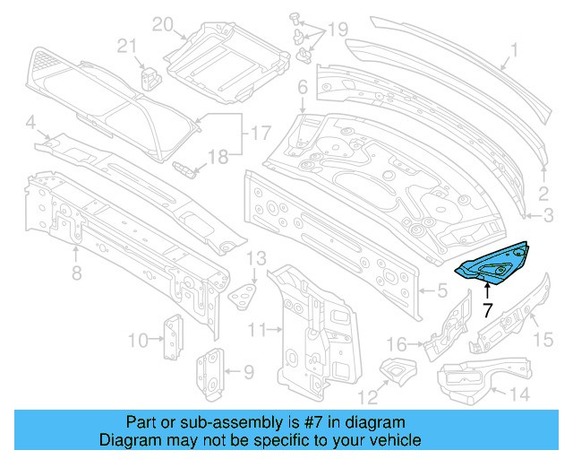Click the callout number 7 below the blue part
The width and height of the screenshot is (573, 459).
(x=486, y=311)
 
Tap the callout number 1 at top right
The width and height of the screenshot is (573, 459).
(x=514, y=51)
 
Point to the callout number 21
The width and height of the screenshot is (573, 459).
(x=127, y=47)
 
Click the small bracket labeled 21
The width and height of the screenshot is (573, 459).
(x=150, y=77)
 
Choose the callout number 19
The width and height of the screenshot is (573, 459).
(x=337, y=30)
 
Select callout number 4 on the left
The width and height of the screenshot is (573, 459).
(x=30, y=122)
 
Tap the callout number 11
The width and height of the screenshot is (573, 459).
(x=257, y=331)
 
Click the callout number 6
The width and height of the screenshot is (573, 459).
(x=303, y=87)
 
